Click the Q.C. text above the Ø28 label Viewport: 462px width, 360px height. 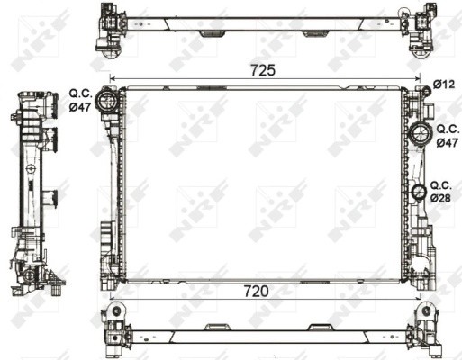pyautogui.click(x=441, y=184)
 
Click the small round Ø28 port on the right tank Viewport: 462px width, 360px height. pyautogui.click(x=419, y=192)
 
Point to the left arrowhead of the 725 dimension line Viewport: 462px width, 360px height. pyautogui.click(x=111, y=78)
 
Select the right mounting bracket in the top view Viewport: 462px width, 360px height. pyautogui.click(x=421, y=25)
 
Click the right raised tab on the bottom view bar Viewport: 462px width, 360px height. pyautogui.click(x=317, y=326)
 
